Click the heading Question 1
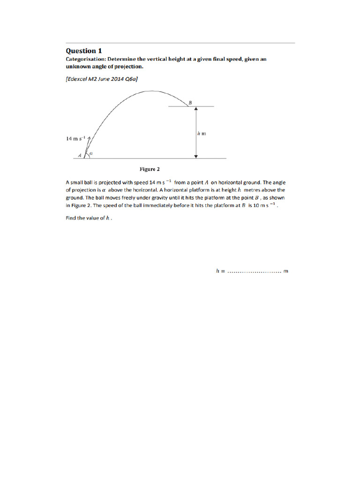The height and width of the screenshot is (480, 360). click(83, 51)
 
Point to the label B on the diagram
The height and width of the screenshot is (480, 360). click(190, 102)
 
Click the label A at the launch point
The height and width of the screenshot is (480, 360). click(80, 154)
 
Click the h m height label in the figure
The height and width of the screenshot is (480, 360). click(202, 134)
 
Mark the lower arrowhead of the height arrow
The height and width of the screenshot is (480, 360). click(196, 156)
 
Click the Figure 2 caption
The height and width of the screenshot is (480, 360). click(150, 169)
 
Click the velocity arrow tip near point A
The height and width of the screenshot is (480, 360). click(89, 133)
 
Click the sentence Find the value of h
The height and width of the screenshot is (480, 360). click(89, 218)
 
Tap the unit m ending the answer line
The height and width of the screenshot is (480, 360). click(286, 271)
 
